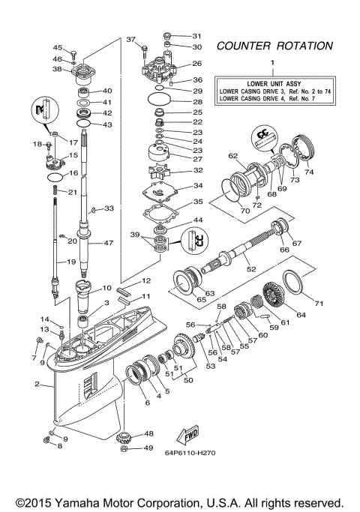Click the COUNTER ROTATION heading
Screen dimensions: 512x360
[274, 46]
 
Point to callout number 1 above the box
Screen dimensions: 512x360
[272, 62]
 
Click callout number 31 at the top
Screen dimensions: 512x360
[197, 35]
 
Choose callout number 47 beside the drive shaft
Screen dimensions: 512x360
[108, 243]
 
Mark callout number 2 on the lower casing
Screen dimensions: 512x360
[37, 385]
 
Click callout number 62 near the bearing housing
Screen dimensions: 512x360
[233, 156]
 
